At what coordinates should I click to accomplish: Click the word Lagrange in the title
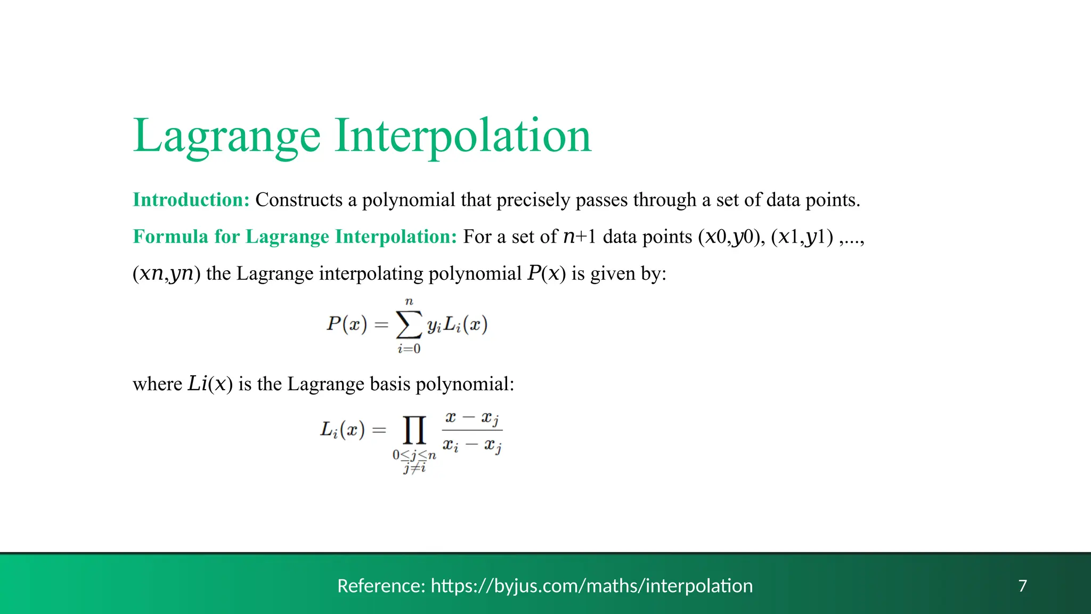point(226,136)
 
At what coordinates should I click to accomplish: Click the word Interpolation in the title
point(463,136)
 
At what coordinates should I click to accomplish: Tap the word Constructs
point(298,200)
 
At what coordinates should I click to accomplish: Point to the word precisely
point(533,200)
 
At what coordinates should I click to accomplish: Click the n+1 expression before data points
point(580,236)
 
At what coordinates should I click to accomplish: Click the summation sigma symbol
point(409,324)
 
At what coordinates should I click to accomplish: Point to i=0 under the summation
point(409,349)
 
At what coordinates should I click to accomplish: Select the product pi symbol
point(414,430)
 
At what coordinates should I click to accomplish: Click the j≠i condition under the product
point(414,468)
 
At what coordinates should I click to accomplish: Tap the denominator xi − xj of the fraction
point(472,445)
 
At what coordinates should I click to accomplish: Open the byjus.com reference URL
point(591,586)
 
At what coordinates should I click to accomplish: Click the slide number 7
point(1022,586)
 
